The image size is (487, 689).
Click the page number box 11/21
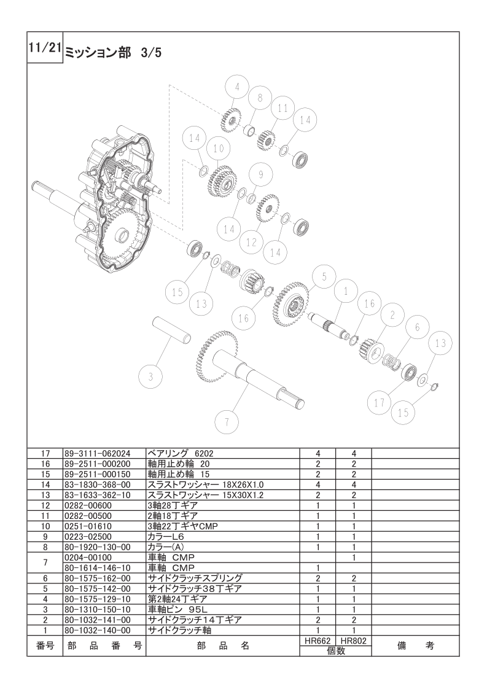click(45, 47)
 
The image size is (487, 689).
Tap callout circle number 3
click(150, 376)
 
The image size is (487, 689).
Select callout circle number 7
click(227, 422)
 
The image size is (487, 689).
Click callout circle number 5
click(324, 277)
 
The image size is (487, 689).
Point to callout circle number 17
click(380, 403)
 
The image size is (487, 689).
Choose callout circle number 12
click(251, 242)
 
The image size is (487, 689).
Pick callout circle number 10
click(219, 149)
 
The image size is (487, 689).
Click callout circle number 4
click(237, 87)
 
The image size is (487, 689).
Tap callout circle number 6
click(417, 327)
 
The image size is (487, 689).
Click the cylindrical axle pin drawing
click(172, 330)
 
